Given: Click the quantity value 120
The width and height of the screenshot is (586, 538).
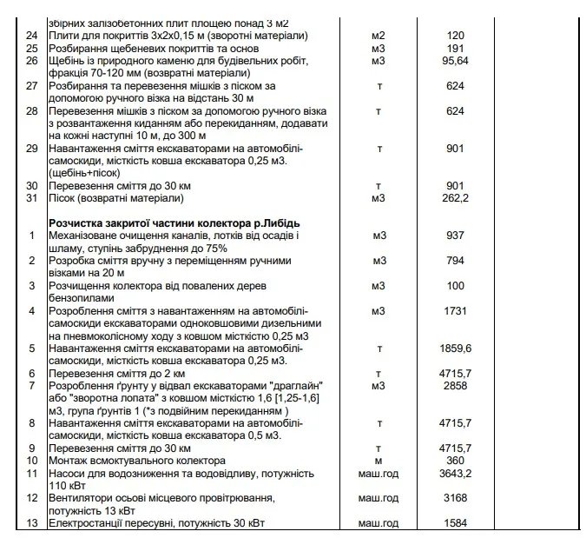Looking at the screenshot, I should [x=455, y=36].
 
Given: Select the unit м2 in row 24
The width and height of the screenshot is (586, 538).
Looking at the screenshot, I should [x=378, y=36].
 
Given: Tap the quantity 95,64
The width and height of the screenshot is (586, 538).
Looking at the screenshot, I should [x=455, y=62].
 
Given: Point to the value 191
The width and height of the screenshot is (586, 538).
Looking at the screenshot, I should [x=455, y=49].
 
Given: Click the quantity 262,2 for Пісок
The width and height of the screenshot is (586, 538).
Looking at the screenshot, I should [x=455, y=198].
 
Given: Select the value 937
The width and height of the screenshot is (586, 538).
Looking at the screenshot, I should [x=455, y=236].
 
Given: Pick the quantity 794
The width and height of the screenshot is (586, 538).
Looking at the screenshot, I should [x=455, y=261].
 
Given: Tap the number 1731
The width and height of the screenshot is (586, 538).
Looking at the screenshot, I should [x=455, y=310].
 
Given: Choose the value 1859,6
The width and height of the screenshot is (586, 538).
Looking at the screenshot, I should [x=455, y=348].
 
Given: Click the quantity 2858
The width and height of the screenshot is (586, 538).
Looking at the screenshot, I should [x=455, y=385].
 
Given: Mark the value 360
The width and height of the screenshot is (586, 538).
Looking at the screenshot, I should [x=455, y=460].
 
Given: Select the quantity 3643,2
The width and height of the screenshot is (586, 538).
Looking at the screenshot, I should [x=455, y=473].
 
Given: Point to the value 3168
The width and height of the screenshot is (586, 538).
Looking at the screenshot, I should [x=455, y=497].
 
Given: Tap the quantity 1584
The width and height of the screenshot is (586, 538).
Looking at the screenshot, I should [x=455, y=522].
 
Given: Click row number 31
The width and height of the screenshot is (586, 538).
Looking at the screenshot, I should [x=32, y=198].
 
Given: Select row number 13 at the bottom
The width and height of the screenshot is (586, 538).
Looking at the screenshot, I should [x=32, y=522].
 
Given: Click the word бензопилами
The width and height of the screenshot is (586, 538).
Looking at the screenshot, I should [x=83, y=297].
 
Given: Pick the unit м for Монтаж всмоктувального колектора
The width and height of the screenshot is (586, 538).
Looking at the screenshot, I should [x=378, y=460].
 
